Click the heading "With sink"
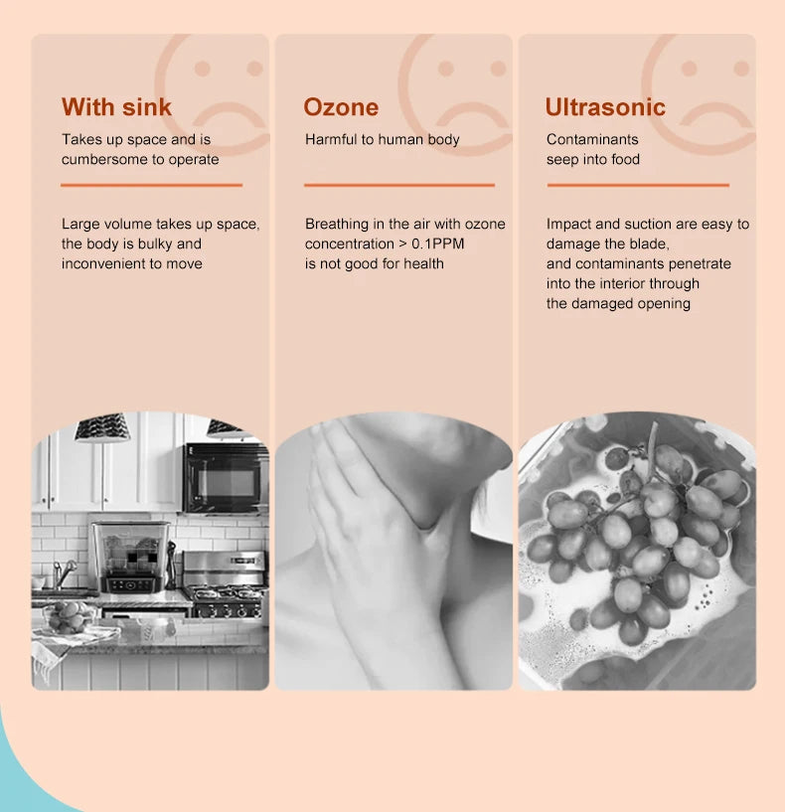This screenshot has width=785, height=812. pos(116,107)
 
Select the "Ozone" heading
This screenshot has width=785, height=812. pos(341,107)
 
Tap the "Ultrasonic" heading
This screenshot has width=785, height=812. pos(605,107)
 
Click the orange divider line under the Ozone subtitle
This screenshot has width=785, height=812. pos(398,185)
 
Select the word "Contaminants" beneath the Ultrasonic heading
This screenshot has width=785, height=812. pos(592,140)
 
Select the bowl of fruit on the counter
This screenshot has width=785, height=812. pos(69,618)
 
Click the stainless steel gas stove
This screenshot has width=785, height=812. pos(225,587)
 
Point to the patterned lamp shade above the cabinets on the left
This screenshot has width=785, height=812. pos(102,428)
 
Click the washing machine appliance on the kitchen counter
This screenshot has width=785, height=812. pos(130,557)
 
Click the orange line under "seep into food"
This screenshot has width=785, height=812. pos(637,185)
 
